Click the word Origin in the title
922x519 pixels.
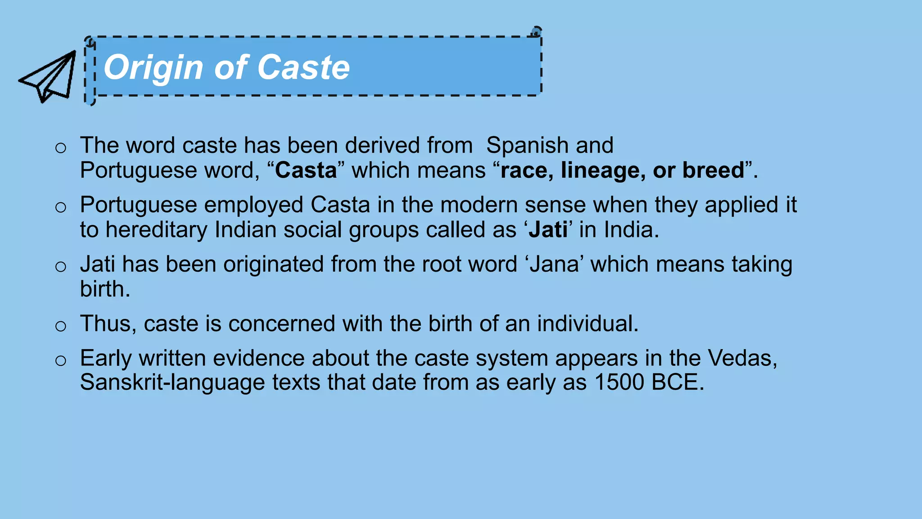click(x=153, y=68)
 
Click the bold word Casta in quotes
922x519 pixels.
click(x=306, y=170)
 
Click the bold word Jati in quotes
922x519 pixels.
click(x=547, y=230)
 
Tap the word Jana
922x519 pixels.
click(x=554, y=264)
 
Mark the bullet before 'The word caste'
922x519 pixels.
click(x=61, y=148)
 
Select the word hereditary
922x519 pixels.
click(x=156, y=230)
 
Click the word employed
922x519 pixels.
click(x=253, y=205)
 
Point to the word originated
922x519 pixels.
click(x=273, y=264)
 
